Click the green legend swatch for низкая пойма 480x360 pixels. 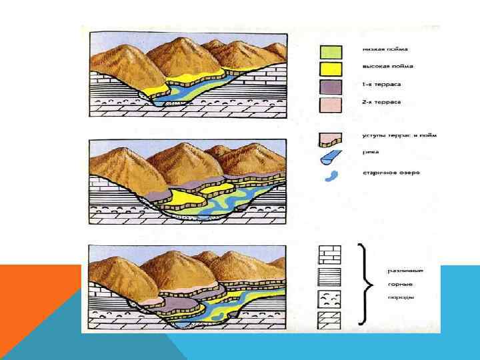pos(331,51)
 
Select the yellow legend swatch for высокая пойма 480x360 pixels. pos(331,69)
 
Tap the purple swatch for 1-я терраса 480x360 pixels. pos(331,86)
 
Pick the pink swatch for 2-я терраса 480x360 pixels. pos(331,103)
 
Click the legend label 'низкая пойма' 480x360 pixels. pos(386,49)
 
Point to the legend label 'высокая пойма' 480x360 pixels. pos(388,67)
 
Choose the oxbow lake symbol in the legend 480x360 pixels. pos(331,176)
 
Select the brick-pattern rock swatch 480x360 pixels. pos(330,255)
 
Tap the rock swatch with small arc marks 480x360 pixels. pos(330,297)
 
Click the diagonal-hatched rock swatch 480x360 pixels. pos(330,319)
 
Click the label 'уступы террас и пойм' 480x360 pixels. pos(395,134)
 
